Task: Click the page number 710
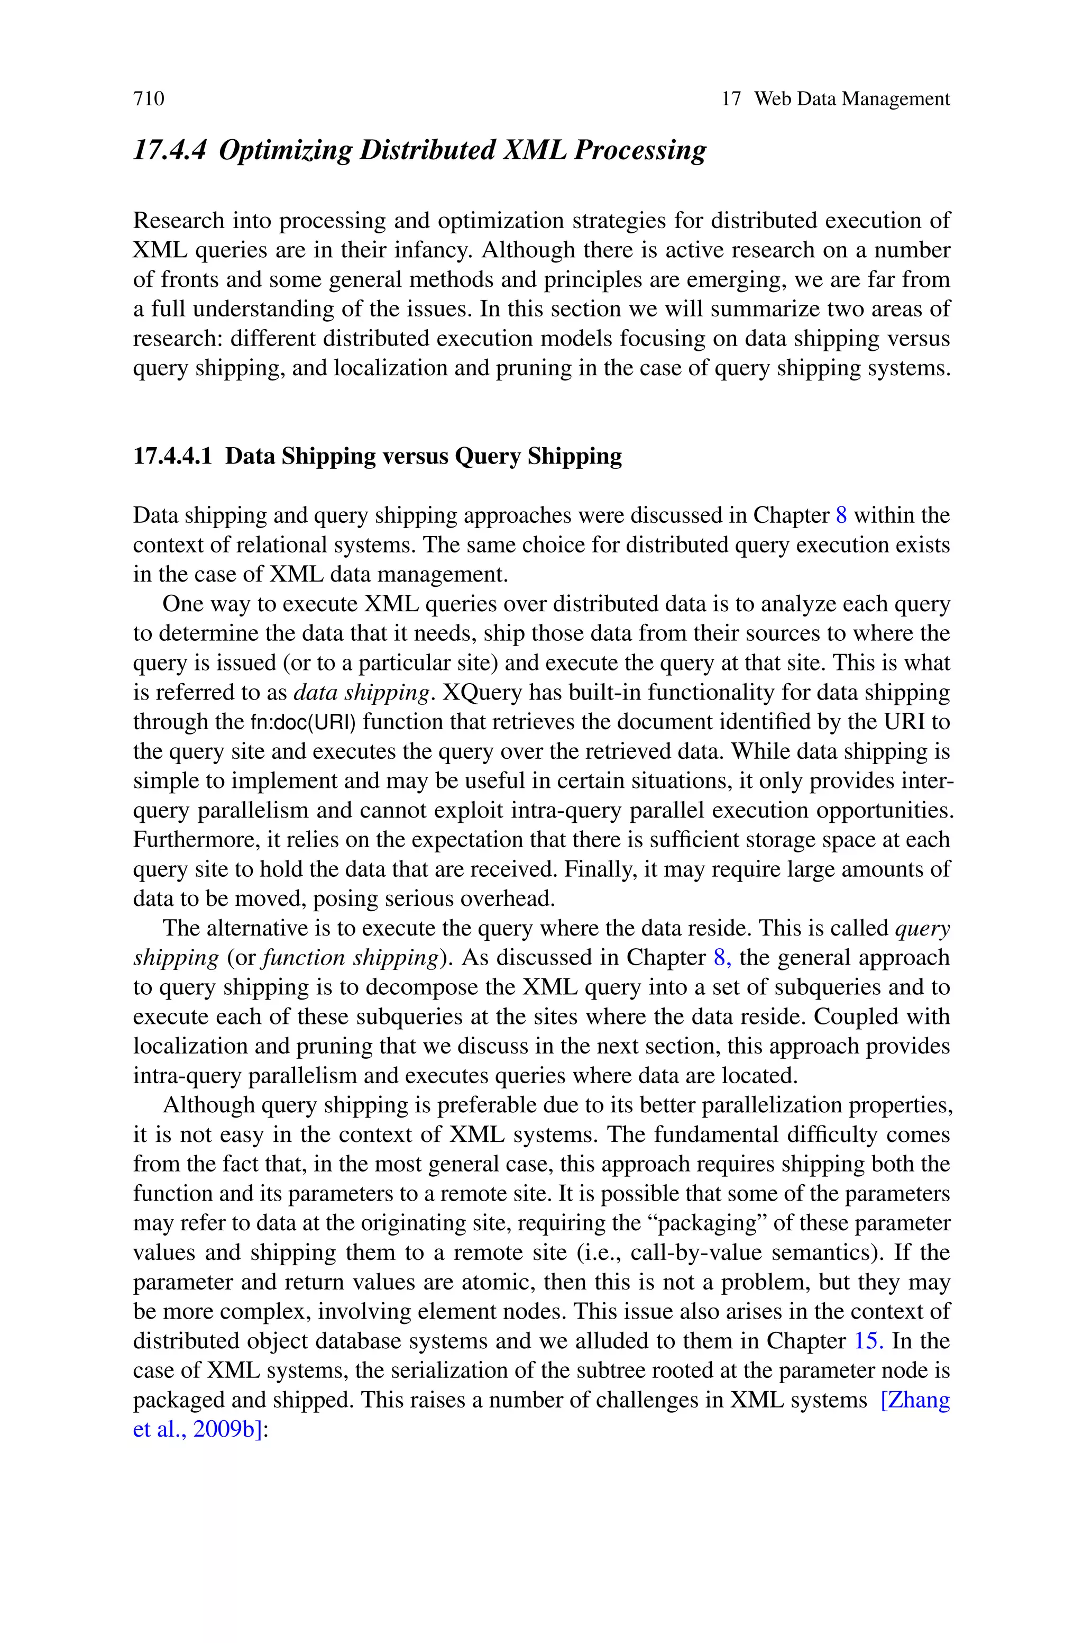coord(149,99)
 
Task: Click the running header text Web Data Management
coord(851,99)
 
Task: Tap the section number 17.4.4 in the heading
coord(169,150)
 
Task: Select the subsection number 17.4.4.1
coord(172,456)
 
